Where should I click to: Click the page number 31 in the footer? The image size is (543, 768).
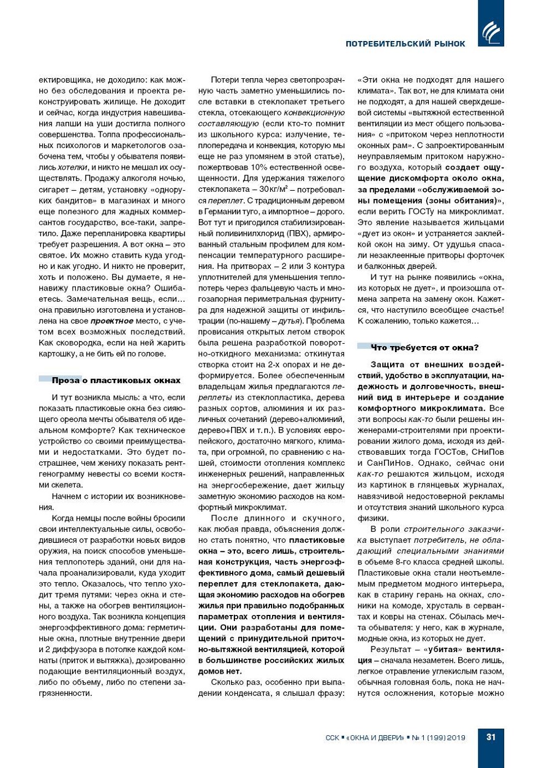click(490, 737)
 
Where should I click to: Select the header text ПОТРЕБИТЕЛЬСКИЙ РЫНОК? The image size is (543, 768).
click(405, 44)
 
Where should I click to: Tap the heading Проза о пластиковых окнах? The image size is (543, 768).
click(116, 380)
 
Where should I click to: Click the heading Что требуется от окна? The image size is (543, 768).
click(424, 348)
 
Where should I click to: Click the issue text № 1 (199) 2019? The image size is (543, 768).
click(438, 738)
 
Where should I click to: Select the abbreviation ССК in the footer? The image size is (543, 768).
click(332, 738)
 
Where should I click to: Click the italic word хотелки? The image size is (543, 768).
click(73, 167)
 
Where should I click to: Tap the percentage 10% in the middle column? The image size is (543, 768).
click(259, 167)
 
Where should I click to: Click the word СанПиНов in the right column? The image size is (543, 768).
click(390, 464)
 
